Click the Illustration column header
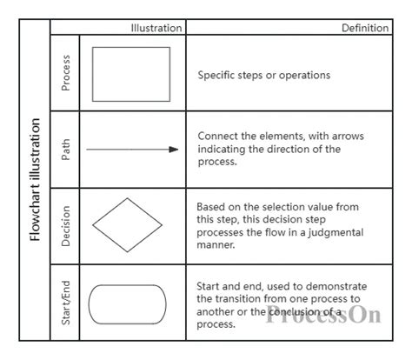point(156,28)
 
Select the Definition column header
point(365,28)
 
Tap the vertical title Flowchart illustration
point(35,188)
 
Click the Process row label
point(66,73)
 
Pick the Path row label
point(66,150)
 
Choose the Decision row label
point(66,226)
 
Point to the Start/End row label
point(66,303)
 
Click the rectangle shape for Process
point(131,74)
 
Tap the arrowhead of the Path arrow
point(174,150)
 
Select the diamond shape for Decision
point(127,225)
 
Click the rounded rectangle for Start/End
point(128,303)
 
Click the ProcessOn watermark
point(323,313)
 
